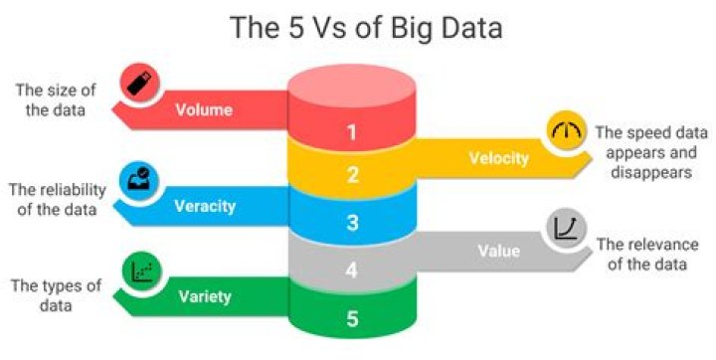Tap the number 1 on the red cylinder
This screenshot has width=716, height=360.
(351, 130)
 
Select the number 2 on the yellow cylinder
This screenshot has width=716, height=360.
(351, 176)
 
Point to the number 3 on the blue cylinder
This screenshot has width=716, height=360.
(351, 223)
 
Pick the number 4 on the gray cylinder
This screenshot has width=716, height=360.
(351, 270)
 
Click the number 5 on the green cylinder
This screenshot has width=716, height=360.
(351, 319)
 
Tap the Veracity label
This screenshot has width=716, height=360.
(205, 206)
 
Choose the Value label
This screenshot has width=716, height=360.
(498, 252)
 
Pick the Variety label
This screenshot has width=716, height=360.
(205, 296)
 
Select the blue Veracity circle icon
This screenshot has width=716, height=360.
(140, 179)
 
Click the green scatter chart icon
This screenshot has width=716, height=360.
(140, 270)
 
